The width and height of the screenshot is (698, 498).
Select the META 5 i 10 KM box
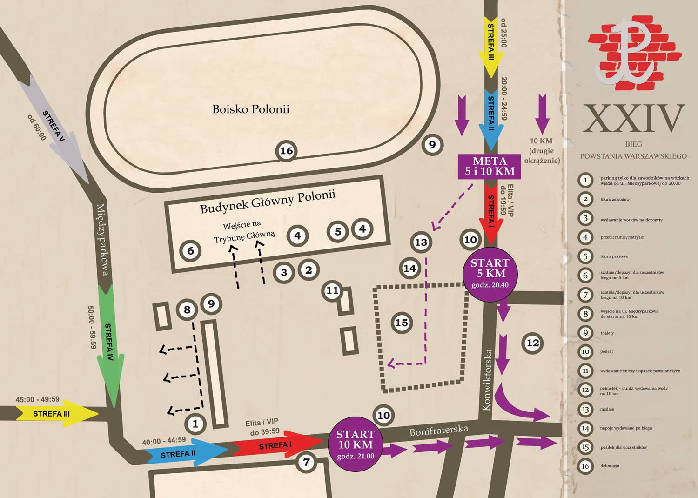489,167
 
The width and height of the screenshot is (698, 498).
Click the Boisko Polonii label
251,109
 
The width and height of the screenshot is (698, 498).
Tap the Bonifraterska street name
439,431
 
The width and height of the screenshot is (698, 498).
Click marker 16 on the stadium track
286,151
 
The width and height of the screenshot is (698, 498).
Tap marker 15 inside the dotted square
402,323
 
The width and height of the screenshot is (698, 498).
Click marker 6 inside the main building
190,250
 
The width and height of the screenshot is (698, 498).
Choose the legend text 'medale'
607,409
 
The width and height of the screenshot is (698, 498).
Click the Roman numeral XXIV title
633,119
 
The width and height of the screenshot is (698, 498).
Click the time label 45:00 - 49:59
37,399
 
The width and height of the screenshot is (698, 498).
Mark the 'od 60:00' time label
37,128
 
